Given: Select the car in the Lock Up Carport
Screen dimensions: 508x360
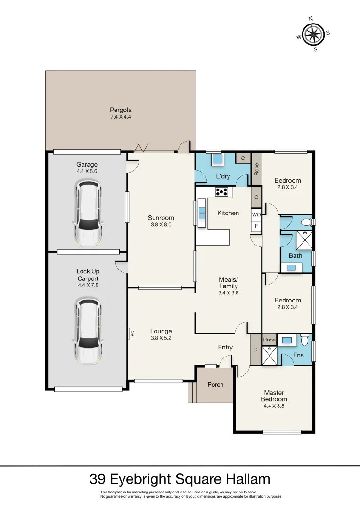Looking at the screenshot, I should tap(88, 331).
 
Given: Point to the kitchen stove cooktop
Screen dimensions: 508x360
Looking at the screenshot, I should tap(221, 191).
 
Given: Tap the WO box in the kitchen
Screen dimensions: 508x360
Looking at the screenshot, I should tap(256, 214).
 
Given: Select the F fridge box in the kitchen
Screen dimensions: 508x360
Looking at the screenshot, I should tap(256, 226).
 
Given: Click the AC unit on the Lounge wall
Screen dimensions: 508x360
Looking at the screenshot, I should tap(129, 333).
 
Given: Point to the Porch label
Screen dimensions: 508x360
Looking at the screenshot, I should tap(215, 384).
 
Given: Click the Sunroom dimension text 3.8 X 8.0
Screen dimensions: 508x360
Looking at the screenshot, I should tap(161, 224).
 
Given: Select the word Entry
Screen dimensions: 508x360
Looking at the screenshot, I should tap(225, 347).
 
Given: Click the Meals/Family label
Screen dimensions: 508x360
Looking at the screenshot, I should tap(228, 283).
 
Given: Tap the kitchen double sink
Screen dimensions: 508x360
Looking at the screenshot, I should tap(202, 213).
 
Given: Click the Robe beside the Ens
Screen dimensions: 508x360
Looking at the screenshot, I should tap(269, 340).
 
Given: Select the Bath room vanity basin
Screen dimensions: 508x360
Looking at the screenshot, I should tap(291, 267).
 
